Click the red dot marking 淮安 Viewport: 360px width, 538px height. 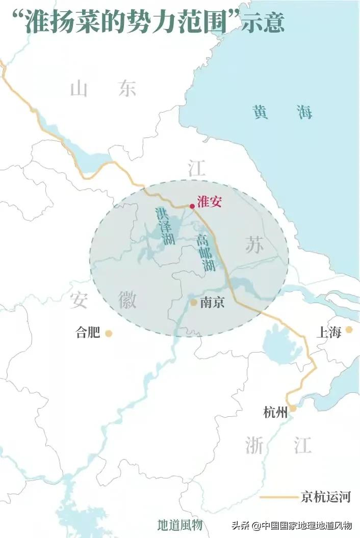click(192, 206)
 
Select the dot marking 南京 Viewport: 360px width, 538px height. click(194, 302)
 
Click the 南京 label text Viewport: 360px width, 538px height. click(212, 303)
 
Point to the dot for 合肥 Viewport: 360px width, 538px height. click(109, 333)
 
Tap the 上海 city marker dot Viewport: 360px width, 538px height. click(349, 330)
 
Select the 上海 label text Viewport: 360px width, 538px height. click(328, 332)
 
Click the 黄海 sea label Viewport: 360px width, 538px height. click(282, 113)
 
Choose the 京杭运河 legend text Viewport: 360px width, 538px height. click(326, 497)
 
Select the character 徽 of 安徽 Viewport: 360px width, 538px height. click(127, 300)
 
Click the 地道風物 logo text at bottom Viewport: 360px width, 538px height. click(180, 525)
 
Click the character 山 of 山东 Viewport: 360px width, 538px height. click(80, 90)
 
